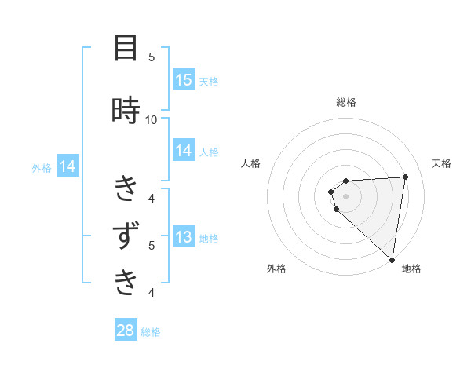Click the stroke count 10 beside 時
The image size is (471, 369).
pos(152,119)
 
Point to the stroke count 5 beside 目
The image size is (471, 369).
pos(152,57)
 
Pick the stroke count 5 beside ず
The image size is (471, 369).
pos(152,245)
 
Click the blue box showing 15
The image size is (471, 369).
pos(184,80)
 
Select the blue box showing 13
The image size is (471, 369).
pos(184,237)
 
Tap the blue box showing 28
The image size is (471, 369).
pos(126,331)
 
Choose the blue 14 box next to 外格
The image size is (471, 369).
pos(67,166)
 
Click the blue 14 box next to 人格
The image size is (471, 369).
pos(184,151)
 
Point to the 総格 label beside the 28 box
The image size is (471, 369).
pos(151,332)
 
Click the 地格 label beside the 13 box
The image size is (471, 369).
pos(209,238)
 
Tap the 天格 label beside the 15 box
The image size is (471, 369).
pos(209,81)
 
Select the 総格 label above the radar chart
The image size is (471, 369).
pos(346,102)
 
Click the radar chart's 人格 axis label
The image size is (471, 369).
pos(250,163)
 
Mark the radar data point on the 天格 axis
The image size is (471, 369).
pos(405,177)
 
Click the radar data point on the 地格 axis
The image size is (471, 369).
pos(392,259)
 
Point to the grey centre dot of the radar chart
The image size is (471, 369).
pos(346,196)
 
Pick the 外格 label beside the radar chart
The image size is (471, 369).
pos(276,269)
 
